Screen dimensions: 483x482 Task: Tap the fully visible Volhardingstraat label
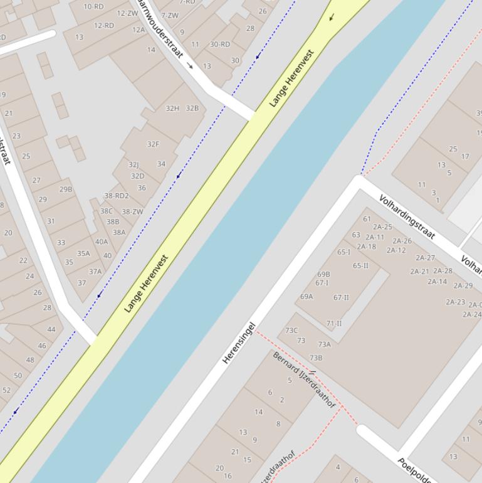pos(407,218)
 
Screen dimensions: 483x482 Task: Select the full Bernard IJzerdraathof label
pos(304,379)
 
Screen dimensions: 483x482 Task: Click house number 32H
pos(172,109)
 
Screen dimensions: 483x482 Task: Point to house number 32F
pos(153,144)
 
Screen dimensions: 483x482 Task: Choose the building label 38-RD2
pos(117,196)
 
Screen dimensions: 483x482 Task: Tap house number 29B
pos(66,189)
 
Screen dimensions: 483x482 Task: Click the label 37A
pos(95,272)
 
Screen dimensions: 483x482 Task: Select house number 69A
pos(306,297)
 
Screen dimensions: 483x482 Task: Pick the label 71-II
pos(334,324)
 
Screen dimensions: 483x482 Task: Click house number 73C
pos(291,331)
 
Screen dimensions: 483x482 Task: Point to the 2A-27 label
pos(425,258)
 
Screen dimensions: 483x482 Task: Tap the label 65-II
pos(360,265)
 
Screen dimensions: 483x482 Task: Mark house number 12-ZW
pos(127,13)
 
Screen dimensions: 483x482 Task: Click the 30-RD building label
pos(220,45)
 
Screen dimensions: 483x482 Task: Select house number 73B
pos(316,358)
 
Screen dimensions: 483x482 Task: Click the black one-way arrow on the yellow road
pos(332,17)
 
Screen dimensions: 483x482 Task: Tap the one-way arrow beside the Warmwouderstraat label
pos(190,66)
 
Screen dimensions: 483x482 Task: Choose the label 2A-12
pos(396,250)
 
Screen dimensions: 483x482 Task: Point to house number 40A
pos(102,242)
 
